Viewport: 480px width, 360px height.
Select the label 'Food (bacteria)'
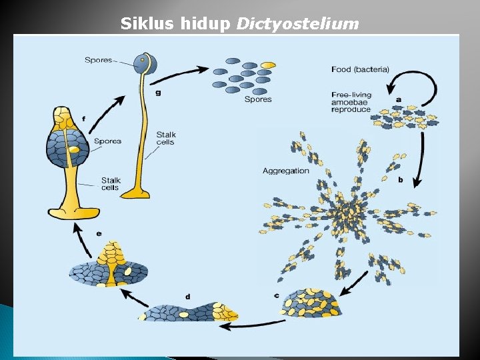click(x=360, y=69)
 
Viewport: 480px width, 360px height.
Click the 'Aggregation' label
click(x=285, y=171)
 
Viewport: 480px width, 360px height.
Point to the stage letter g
click(x=157, y=93)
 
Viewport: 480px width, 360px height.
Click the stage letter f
click(x=83, y=118)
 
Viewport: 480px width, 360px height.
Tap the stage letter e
click(x=99, y=233)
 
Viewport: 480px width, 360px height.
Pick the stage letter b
click(x=400, y=180)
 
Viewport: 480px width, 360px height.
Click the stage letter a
click(x=398, y=99)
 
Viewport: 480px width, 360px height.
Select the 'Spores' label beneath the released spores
click(x=257, y=99)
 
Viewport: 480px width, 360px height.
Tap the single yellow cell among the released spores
click(x=267, y=65)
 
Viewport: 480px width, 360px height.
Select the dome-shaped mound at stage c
click(x=310, y=303)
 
